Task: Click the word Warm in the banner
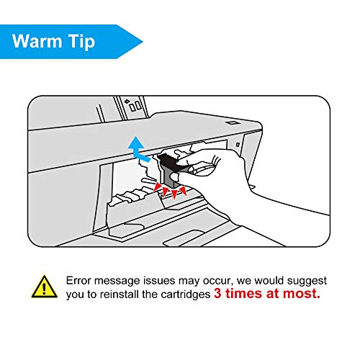tap(37, 41)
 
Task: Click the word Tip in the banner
tap(81, 42)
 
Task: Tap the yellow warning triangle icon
tap(45, 287)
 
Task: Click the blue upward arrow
tap(138, 149)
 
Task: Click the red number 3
tap(217, 293)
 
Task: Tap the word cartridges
tap(186, 294)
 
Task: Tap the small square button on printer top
tap(232, 123)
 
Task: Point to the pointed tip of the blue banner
tap(143, 42)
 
